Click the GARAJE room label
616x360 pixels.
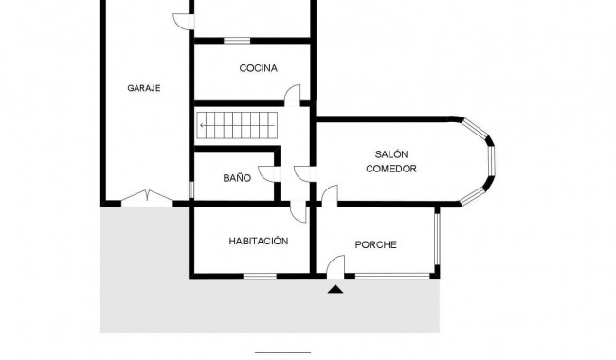click(x=143, y=88)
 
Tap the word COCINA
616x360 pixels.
click(x=258, y=68)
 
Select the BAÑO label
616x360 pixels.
click(x=237, y=177)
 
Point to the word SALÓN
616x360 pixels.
click(x=390, y=153)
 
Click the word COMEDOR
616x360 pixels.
click(x=390, y=169)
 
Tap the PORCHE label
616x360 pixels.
click(x=375, y=245)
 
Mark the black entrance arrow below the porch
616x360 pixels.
click(x=335, y=289)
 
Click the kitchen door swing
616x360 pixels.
click(x=295, y=94)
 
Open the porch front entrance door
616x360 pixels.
click(x=334, y=268)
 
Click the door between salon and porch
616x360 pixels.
click(x=329, y=195)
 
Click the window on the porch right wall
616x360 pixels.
click(x=437, y=242)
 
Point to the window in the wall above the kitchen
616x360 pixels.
click(x=236, y=40)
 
